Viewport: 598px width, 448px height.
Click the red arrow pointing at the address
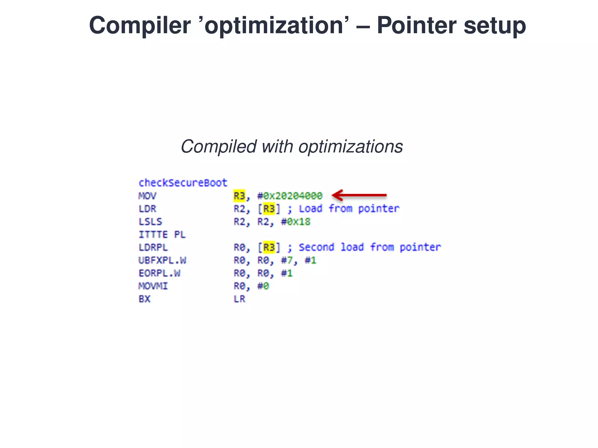[359, 195]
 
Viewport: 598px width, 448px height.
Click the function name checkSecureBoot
[182, 183]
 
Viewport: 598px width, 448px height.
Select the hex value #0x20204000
[290, 196]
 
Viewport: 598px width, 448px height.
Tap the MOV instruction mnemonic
[147, 196]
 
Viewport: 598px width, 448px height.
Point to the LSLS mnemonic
[150, 222]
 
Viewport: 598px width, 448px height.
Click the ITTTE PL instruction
[162, 235]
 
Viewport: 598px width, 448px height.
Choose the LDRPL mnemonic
[153, 247]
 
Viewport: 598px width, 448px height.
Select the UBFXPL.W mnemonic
[162, 260]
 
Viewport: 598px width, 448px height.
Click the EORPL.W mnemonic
[159, 273]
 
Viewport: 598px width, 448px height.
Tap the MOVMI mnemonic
[153, 286]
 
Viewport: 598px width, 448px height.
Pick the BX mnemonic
[144, 299]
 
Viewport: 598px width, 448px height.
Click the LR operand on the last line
[239, 299]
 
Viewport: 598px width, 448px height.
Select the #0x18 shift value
[295, 222]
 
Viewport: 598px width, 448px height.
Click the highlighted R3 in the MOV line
[239, 196]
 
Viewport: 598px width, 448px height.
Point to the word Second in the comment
[316, 247]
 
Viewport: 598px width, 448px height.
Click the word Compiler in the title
[140, 26]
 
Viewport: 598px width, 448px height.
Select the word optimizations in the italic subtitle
[350, 146]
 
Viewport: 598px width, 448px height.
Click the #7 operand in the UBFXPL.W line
[286, 260]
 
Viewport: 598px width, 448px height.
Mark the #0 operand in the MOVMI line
[263, 286]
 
